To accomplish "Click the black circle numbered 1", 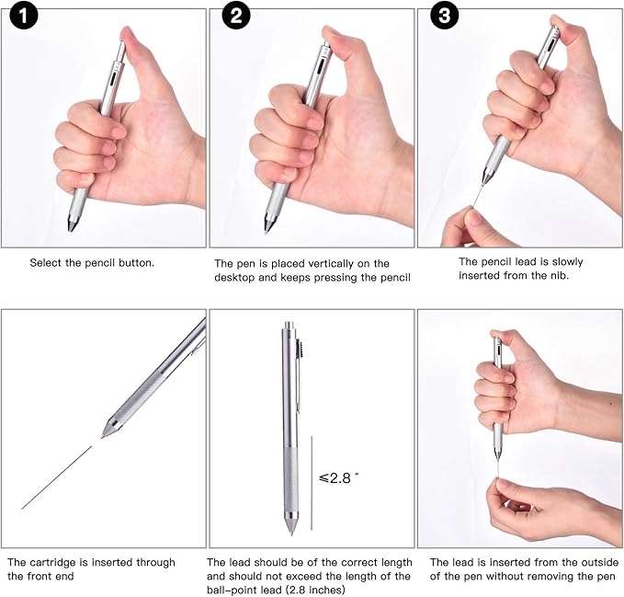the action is (24, 16).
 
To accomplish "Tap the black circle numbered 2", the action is (236, 16).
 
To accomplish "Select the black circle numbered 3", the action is (444, 16).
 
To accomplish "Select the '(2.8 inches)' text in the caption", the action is (315, 590).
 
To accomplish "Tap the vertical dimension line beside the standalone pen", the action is (312, 483).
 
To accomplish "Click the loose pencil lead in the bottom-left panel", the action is (56, 477).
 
